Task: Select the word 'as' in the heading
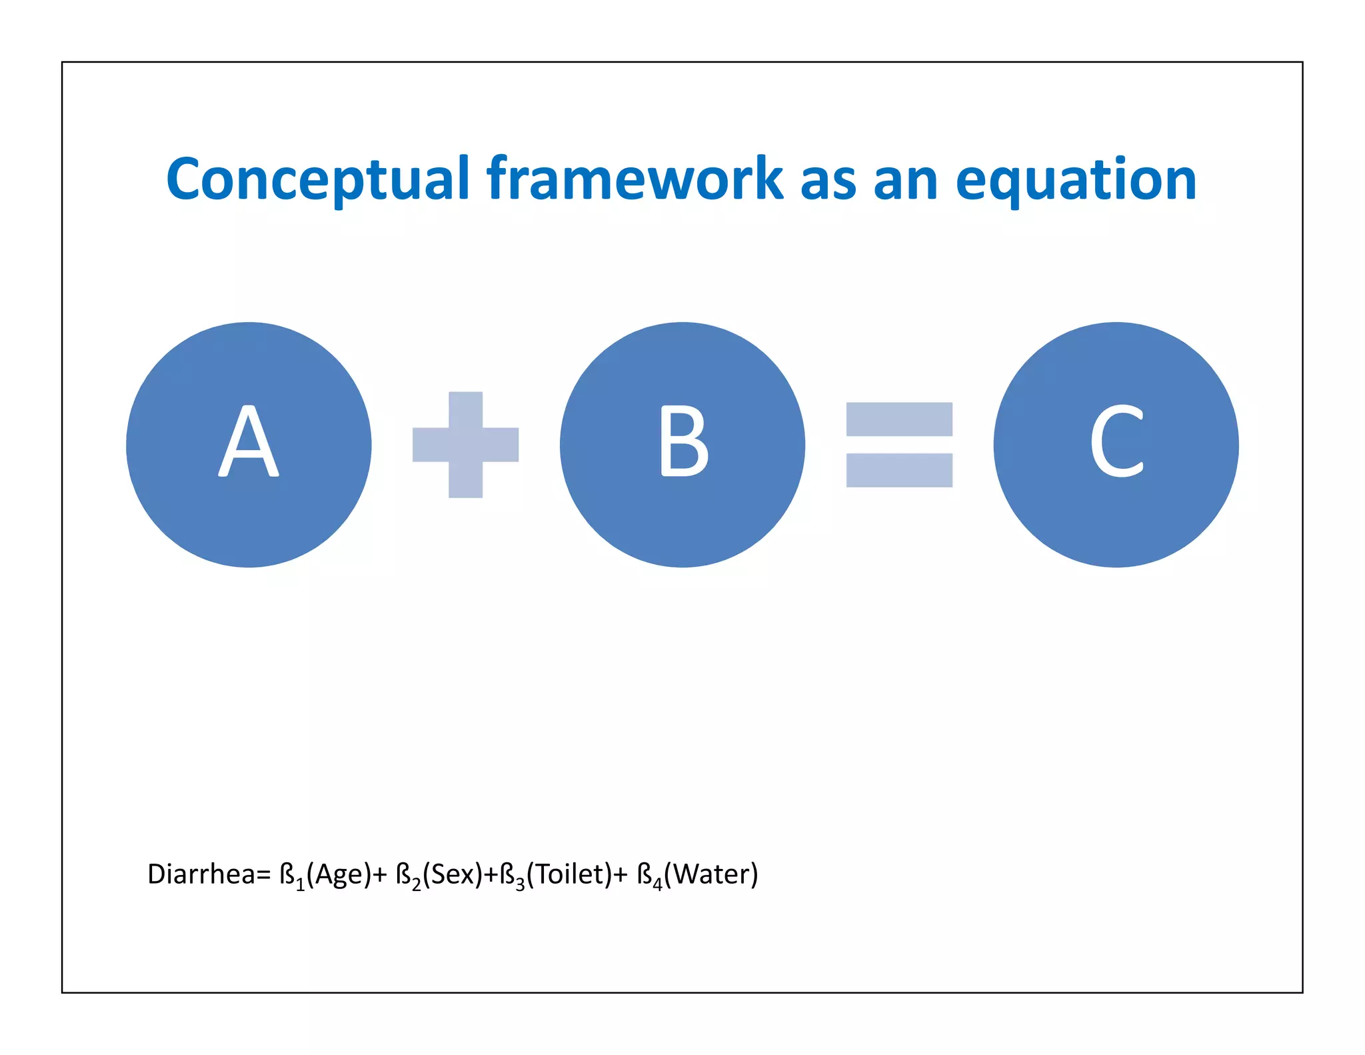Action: coord(828,181)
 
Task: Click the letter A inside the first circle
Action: coord(249,442)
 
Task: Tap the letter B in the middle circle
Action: coord(683,442)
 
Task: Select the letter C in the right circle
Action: coord(1116,442)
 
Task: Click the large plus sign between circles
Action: coord(465,445)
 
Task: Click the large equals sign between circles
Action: coord(899,445)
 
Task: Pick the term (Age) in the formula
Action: coord(339,874)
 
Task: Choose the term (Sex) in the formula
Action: coord(453,874)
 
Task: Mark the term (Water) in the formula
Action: coord(711,874)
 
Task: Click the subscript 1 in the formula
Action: coord(300,885)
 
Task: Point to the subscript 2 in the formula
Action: coord(416,885)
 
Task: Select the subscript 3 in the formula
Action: coord(520,885)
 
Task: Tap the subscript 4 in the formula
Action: coord(658,885)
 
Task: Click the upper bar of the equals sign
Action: coord(899,419)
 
